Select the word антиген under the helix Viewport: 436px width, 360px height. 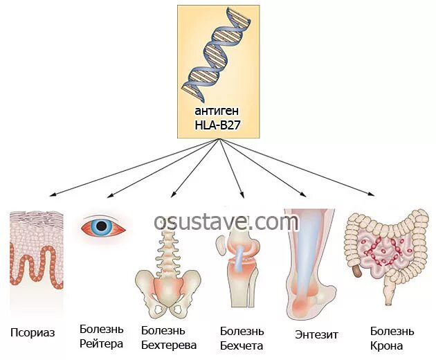(x=218, y=111)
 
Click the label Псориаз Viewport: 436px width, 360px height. (x=33, y=332)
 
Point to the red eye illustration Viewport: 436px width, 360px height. (x=105, y=226)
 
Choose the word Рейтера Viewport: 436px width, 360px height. (x=101, y=343)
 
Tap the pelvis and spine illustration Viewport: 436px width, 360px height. (x=165, y=270)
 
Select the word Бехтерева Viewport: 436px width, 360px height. (x=169, y=344)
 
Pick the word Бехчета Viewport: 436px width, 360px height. (x=242, y=345)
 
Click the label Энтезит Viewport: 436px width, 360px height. (x=316, y=334)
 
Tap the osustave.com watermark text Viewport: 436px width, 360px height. (x=226, y=222)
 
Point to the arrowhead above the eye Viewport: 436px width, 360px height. (x=106, y=196)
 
